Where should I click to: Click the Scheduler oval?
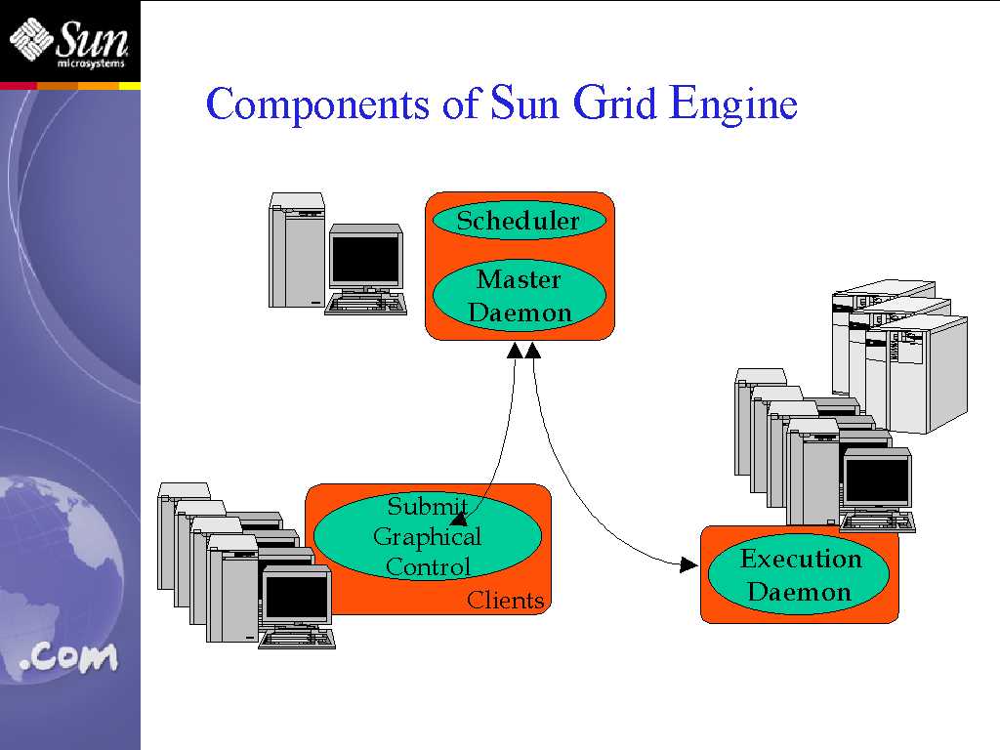point(520,221)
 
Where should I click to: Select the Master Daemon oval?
point(520,296)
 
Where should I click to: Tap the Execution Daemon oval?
point(799,574)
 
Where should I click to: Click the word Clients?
point(505,601)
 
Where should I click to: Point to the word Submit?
point(428,506)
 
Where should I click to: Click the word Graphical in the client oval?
point(428,537)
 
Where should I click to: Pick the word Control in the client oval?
point(428,566)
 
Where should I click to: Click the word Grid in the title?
point(614,103)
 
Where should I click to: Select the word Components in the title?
point(317,104)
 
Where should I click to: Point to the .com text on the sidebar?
point(69,657)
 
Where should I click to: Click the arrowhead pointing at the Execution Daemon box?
point(688,564)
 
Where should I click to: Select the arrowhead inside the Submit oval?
point(459,518)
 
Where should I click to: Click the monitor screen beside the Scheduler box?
point(365,258)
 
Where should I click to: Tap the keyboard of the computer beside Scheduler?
point(365,304)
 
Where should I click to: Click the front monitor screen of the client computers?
point(296,597)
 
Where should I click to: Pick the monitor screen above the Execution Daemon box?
point(877,479)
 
